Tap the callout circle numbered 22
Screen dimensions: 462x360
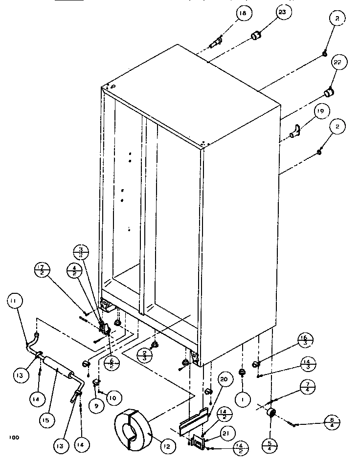coord(337,63)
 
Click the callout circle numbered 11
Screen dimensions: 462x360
coord(12,302)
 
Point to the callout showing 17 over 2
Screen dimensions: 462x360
coord(42,269)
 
